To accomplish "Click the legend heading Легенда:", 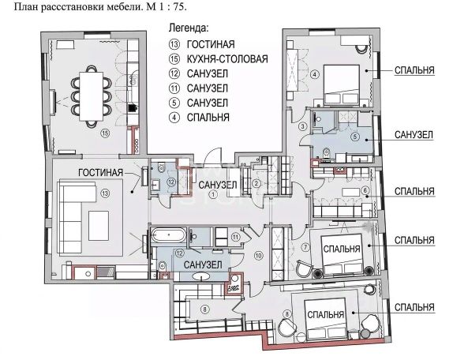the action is [x=189, y=28].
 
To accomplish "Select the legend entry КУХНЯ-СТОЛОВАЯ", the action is [x=227, y=59].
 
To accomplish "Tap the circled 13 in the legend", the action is [x=174, y=44].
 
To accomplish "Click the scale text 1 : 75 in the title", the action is [x=171, y=6].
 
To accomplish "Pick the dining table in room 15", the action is [x=92, y=96].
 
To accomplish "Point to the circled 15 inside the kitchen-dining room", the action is [x=105, y=133].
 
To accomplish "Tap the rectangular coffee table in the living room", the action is [x=99, y=226].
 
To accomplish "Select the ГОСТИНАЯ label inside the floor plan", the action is [x=100, y=172].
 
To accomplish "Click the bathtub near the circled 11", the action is [x=168, y=235].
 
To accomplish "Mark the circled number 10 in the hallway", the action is [x=258, y=256].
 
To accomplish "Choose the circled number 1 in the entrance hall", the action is [x=213, y=194].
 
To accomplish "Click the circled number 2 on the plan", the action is [x=256, y=183].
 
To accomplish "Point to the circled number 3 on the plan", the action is [x=303, y=126].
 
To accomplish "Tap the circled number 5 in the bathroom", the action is [x=355, y=136].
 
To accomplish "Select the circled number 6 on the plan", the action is [x=365, y=190].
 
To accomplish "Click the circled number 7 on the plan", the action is [x=305, y=247].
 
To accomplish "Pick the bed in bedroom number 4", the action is [x=342, y=84].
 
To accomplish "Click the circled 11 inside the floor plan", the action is [x=236, y=237].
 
